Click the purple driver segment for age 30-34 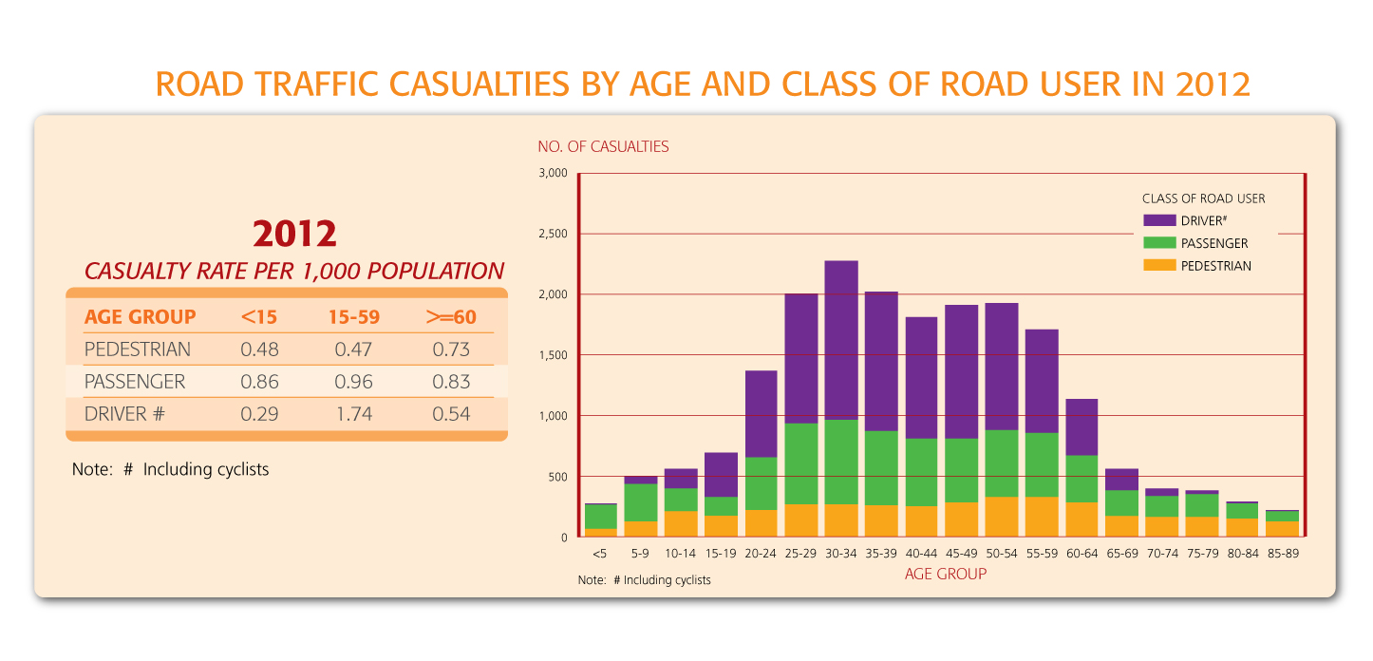841,340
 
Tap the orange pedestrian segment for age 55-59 1042,517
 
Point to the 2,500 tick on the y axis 553,234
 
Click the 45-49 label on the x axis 961,553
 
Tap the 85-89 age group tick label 1283,553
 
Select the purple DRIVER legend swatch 1159,220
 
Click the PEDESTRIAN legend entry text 1216,266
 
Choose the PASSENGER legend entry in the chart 1214,243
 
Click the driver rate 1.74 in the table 354,414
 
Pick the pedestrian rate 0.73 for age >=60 451,349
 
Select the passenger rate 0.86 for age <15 259,382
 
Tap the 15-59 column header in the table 354,317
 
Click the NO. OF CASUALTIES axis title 603,146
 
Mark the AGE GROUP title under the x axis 945,574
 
